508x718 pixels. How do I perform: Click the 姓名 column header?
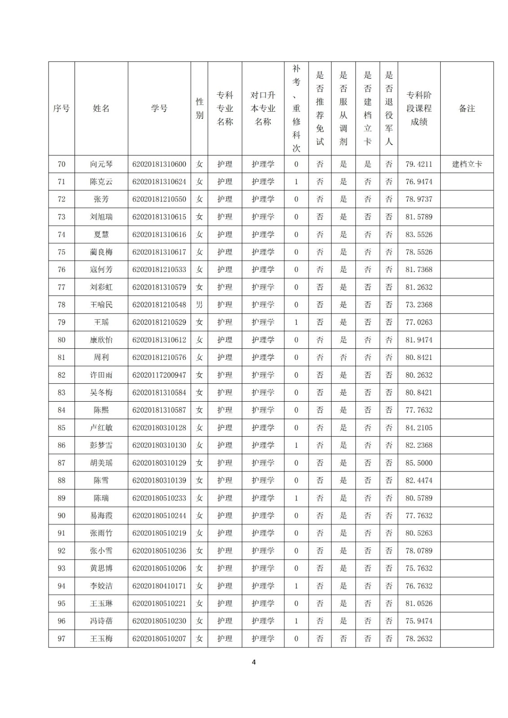point(101,109)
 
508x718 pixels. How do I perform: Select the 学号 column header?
point(159,109)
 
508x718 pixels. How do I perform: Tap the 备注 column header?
point(467,109)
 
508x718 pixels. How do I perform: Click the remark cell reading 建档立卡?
point(467,164)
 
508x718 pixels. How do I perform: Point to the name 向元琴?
point(101,164)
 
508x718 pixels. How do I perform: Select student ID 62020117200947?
point(159,375)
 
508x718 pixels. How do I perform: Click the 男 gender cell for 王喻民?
point(199,305)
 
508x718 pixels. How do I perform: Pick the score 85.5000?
point(419,463)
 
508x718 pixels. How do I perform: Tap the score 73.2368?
point(419,305)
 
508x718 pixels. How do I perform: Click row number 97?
point(62,639)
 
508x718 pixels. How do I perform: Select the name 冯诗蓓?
point(101,621)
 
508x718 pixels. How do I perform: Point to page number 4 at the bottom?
point(254,662)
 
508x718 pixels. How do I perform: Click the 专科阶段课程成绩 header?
point(419,109)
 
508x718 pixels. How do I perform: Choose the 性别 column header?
point(199,109)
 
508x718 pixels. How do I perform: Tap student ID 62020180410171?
point(159,586)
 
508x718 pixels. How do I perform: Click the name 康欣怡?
point(101,340)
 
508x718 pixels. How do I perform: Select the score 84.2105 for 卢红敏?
point(419,428)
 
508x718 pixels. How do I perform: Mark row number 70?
point(62,164)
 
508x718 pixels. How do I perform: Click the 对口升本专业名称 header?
point(263,109)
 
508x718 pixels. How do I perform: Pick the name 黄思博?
point(101,569)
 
